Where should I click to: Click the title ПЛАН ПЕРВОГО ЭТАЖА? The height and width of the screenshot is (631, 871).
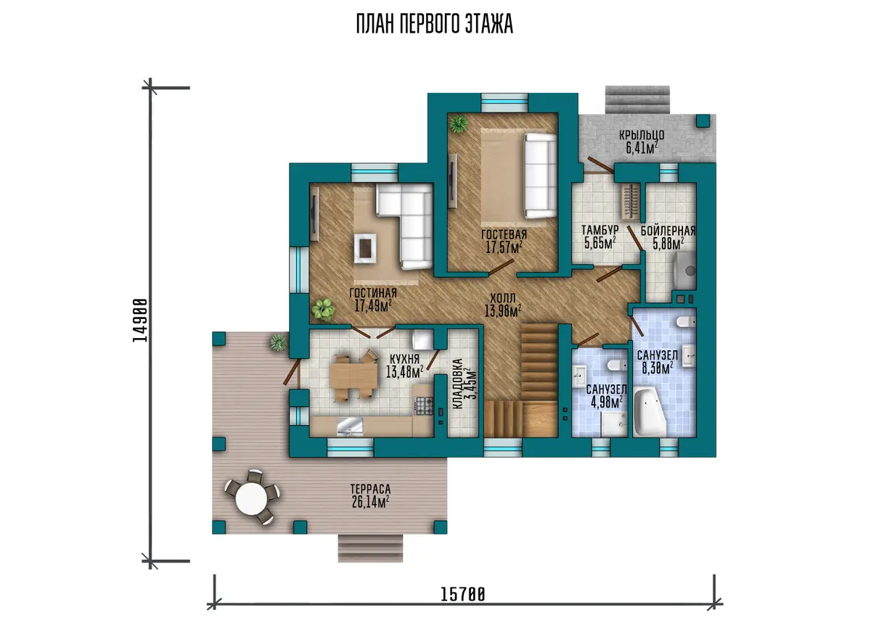click(x=434, y=24)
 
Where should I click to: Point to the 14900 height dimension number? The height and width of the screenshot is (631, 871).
click(x=140, y=320)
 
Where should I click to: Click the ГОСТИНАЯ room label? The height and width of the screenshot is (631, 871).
click(x=373, y=292)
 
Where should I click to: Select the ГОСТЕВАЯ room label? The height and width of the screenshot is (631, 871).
click(x=504, y=234)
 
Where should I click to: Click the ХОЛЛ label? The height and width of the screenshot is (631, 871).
click(x=503, y=298)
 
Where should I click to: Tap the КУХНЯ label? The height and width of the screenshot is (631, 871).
click(x=404, y=358)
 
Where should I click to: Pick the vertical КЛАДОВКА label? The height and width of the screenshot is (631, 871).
click(x=458, y=383)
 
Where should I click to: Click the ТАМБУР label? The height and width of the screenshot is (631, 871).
click(x=600, y=230)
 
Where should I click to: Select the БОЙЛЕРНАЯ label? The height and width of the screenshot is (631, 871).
click(x=668, y=231)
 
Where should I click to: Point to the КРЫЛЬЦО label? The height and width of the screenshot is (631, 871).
click(x=642, y=135)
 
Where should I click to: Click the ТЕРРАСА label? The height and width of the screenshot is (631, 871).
click(x=370, y=488)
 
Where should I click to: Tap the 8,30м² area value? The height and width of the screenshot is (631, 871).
click(x=658, y=368)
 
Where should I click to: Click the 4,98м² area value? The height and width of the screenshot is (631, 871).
click(x=607, y=402)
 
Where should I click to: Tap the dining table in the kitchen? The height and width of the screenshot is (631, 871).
click(x=353, y=376)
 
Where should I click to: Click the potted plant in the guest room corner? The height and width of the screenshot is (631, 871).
click(x=459, y=124)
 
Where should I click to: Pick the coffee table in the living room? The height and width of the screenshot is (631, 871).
click(x=364, y=248)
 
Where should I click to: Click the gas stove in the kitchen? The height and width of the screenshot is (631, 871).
click(x=424, y=405)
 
